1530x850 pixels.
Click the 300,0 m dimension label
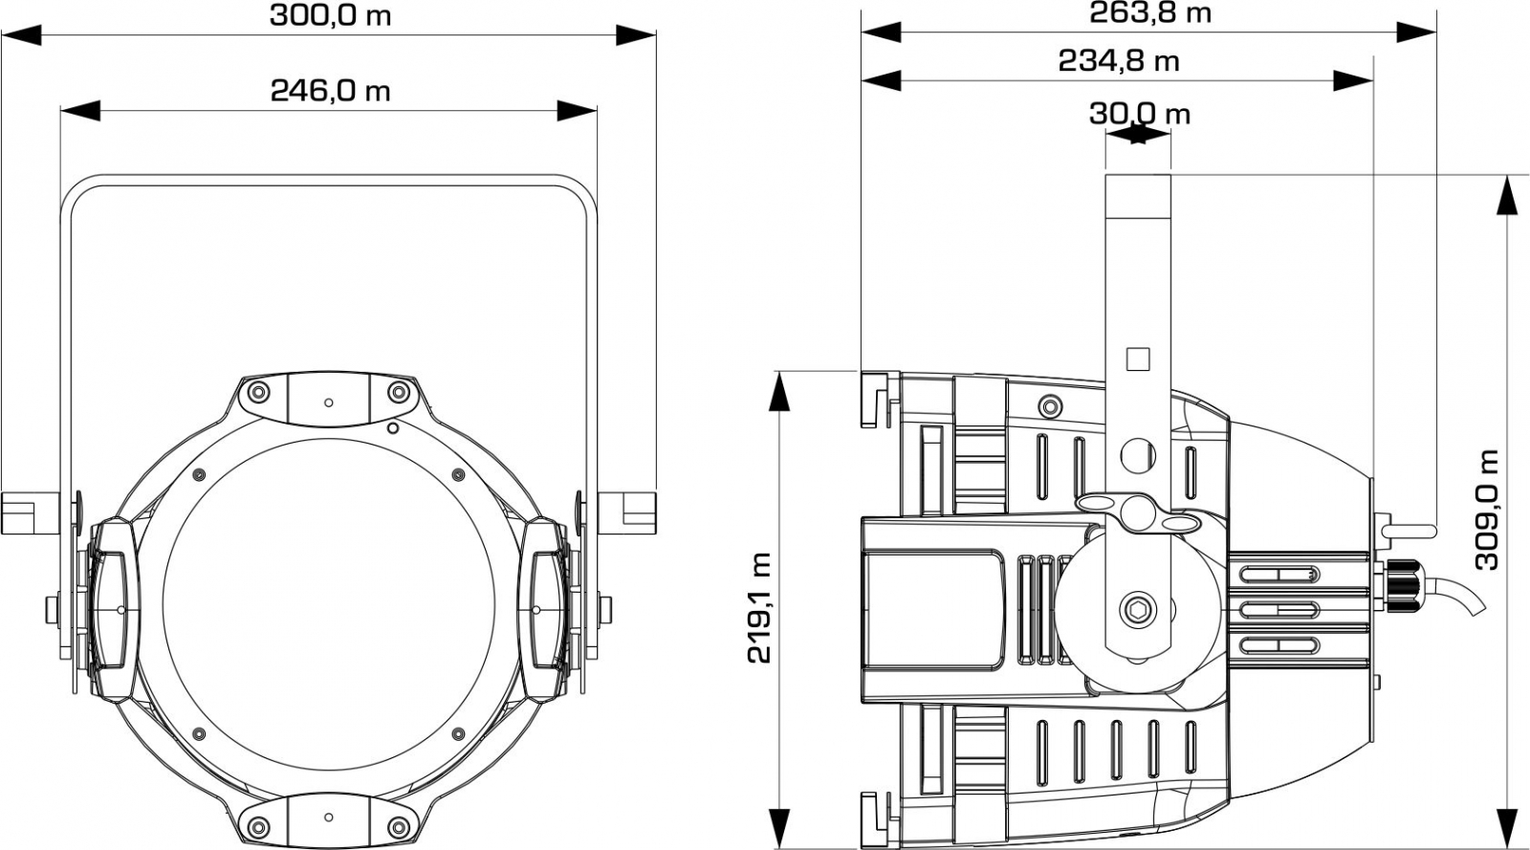click(x=331, y=15)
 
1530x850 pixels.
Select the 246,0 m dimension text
click(x=331, y=90)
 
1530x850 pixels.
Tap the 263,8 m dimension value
click(x=1150, y=13)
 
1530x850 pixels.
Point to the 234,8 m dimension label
click(x=1119, y=61)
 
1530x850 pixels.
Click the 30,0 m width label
click(x=1139, y=114)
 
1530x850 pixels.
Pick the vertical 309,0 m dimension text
click(x=1486, y=510)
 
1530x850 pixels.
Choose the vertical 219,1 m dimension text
click(x=759, y=608)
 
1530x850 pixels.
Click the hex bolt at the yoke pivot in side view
click(x=1139, y=609)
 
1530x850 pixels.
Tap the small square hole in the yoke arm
click(x=1138, y=360)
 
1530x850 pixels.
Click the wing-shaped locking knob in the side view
click(x=1139, y=512)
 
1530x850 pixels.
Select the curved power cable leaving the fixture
click(x=1453, y=594)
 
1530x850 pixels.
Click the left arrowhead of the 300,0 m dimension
click(x=21, y=35)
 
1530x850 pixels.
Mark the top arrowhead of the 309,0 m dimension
click(x=1507, y=195)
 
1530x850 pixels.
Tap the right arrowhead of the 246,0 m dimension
click(x=578, y=111)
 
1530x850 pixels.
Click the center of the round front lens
click(x=329, y=604)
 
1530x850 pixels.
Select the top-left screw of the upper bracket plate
click(x=258, y=392)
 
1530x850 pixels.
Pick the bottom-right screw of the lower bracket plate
click(x=398, y=827)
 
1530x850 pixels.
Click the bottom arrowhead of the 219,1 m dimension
click(x=778, y=830)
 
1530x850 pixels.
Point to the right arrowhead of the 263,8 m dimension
click(x=1416, y=33)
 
